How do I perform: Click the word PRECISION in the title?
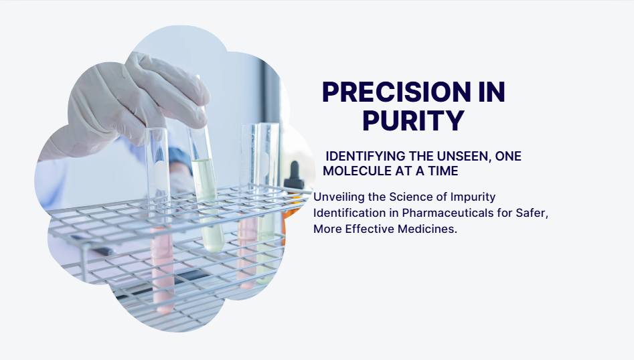pyautogui.click(x=396, y=92)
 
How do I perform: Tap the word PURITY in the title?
pyautogui.click(x=413, y=120)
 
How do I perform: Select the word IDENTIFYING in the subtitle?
pyautogui.click(x=365, y=156)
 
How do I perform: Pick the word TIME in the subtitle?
pyautogui.click(x=444, y=171)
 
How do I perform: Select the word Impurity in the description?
pyautogui.click(x=473, y=197)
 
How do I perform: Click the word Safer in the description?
pyautogui.click(x=532, y=213)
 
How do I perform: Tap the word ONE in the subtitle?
pyautogui.click(x=508, y=156)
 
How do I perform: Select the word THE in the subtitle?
pyautogui.click(x=421, y=156)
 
